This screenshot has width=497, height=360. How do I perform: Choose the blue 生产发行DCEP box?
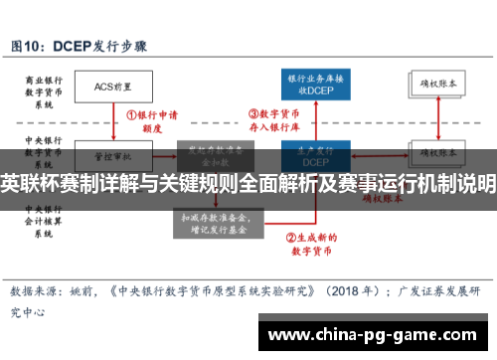(x=315, y=156)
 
